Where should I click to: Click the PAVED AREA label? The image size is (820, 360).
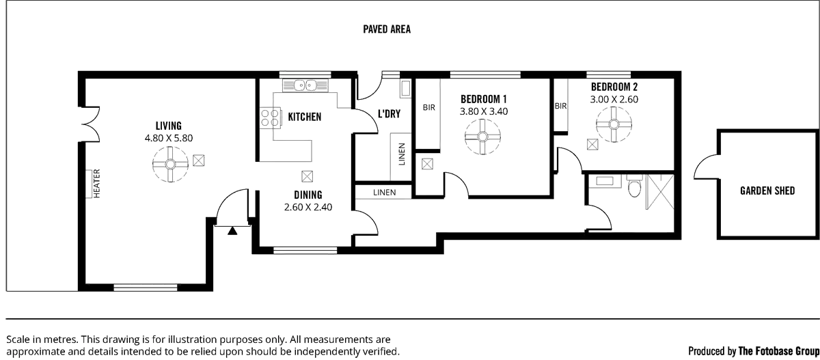pos(386,29)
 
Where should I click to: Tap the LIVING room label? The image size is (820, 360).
pos(168,126)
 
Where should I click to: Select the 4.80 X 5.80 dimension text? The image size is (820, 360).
pos(168,137)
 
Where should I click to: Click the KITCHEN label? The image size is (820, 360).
pos(304,117)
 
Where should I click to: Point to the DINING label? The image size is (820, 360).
pos(308,195)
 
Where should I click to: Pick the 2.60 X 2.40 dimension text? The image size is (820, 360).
pos(308,207)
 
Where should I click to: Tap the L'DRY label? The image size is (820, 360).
pos(388,113)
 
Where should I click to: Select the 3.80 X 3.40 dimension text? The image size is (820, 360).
pos(483,110)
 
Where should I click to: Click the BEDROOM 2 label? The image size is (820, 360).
pos(614,87)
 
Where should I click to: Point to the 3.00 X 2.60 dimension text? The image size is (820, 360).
pos(614,99)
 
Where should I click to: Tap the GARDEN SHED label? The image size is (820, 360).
pos(767,191)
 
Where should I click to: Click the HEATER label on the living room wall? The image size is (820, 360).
pos(96,182)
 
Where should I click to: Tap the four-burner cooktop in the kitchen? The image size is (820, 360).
pos(271,117)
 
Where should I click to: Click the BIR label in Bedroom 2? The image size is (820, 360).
pos(561,107)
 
